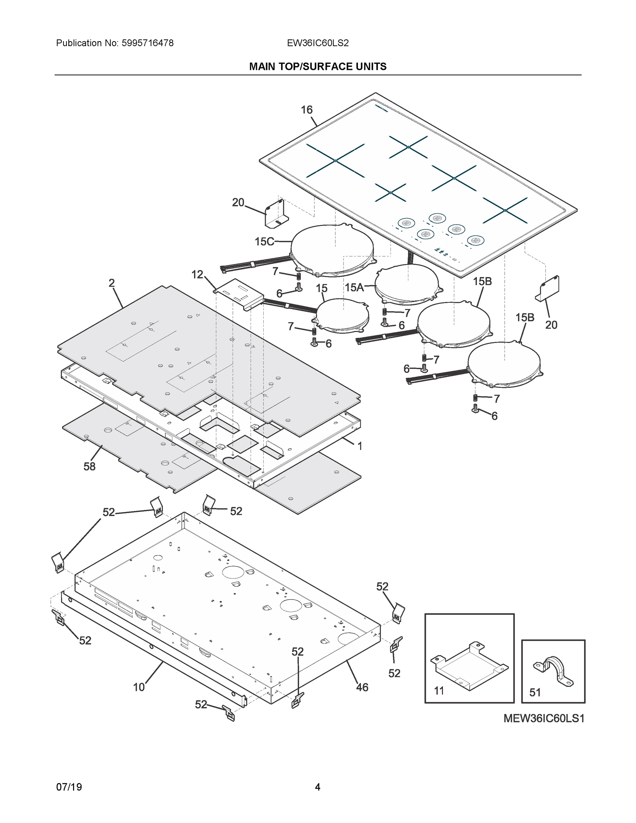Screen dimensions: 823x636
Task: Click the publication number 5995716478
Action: coord(147,43)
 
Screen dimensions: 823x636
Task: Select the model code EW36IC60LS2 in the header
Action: coord(317,43)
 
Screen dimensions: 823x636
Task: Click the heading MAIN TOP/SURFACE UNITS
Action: coord(317,67)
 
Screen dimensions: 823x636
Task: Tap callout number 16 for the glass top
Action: coord(306,110)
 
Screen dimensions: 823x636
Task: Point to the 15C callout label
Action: coord(264,241)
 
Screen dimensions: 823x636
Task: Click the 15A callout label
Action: coord(354,287)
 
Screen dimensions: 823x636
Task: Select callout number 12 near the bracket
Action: coord(197,275)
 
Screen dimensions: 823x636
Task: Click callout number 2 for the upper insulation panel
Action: coord(111,283)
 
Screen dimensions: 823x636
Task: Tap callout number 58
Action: coord(89,466)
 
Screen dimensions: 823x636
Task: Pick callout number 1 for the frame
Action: coord(359,446)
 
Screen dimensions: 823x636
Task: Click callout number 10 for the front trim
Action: coord(139,687)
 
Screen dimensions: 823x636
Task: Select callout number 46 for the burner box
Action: coord(362,687)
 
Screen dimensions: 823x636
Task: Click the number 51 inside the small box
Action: coord(535,692)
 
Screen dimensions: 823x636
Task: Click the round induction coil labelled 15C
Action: coord(332,249)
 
